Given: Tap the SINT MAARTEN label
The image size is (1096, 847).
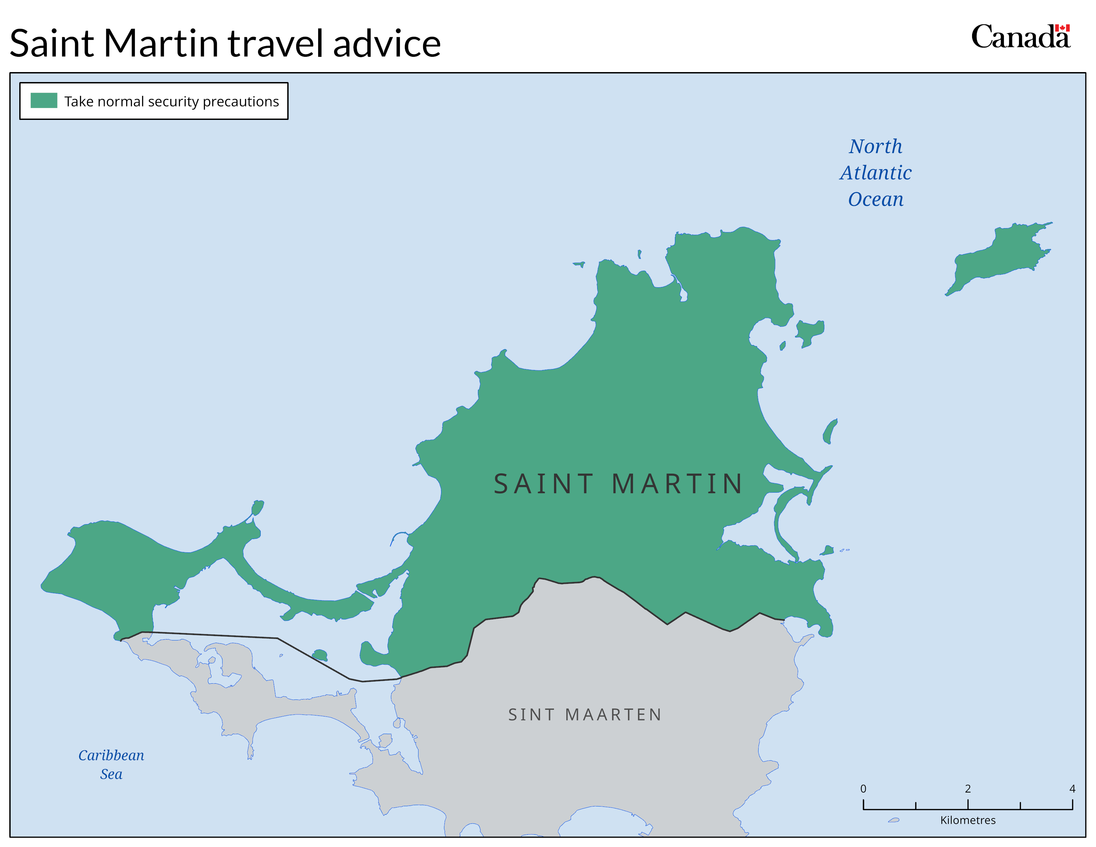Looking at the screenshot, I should (x=585, y=714).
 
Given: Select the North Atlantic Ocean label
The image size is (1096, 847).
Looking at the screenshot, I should (x=876, y=173).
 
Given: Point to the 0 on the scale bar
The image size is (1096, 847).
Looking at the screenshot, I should (x=863, y=788).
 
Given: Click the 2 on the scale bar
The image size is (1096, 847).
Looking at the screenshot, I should (x=967, y=788).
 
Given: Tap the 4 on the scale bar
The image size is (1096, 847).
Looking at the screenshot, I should (x=1072, y=788).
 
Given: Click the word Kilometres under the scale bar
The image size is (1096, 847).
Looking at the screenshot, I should (x=967, y=820).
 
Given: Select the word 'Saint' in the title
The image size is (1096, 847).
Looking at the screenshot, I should (x=52, y=44).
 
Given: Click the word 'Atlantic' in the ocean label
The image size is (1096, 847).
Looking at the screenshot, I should (x=876, y=173).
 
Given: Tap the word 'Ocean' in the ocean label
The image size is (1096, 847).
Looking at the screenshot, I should (x=876, y=199).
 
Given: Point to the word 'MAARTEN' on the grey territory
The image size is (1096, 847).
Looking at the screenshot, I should (x=613, y=714).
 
